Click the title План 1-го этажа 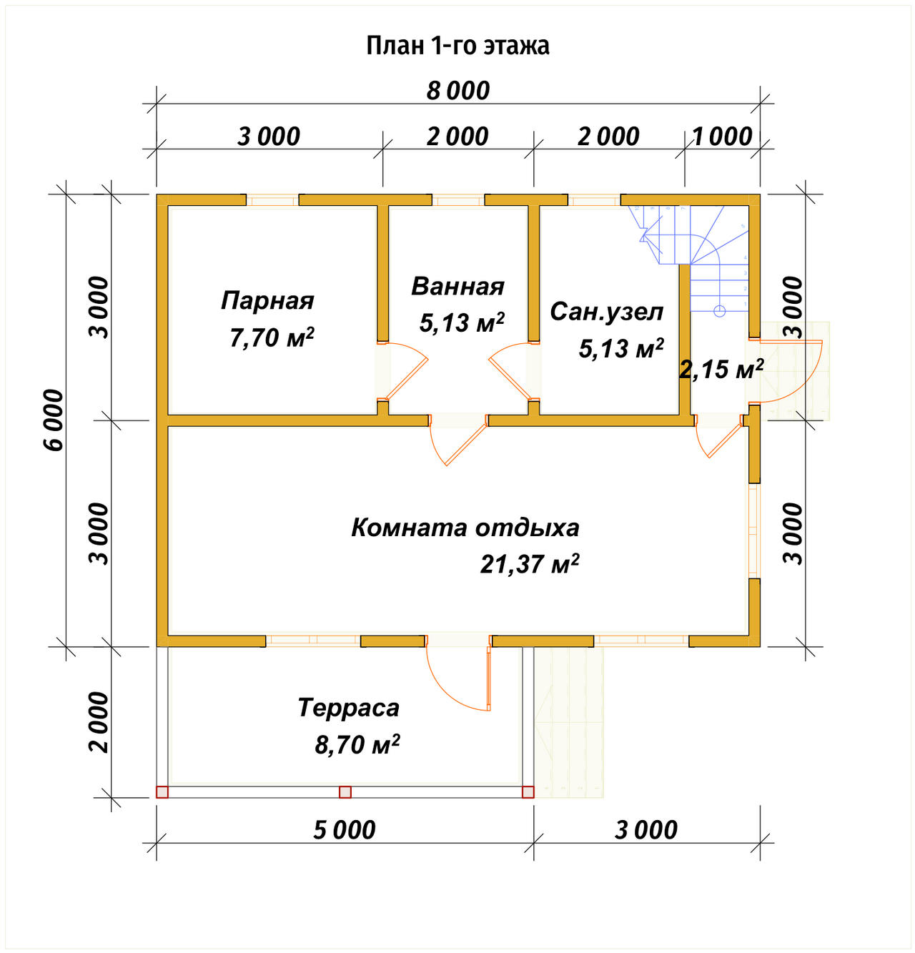coord(457,46)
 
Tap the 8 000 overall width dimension coord(457,91)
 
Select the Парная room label coord(267,300)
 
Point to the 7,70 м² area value coord(272,337)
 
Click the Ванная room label coord(457,287)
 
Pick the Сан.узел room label coord(607,312)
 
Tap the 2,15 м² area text coord(721,369)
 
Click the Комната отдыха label coord(465,528)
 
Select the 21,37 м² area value coord(530,564)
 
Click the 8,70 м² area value coord(357,745)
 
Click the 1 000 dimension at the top coord(722,137)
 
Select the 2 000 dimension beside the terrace coord(99,722)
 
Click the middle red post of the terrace coord(345,792)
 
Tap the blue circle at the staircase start coord(719,310)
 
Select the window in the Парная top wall coord(272,199)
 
